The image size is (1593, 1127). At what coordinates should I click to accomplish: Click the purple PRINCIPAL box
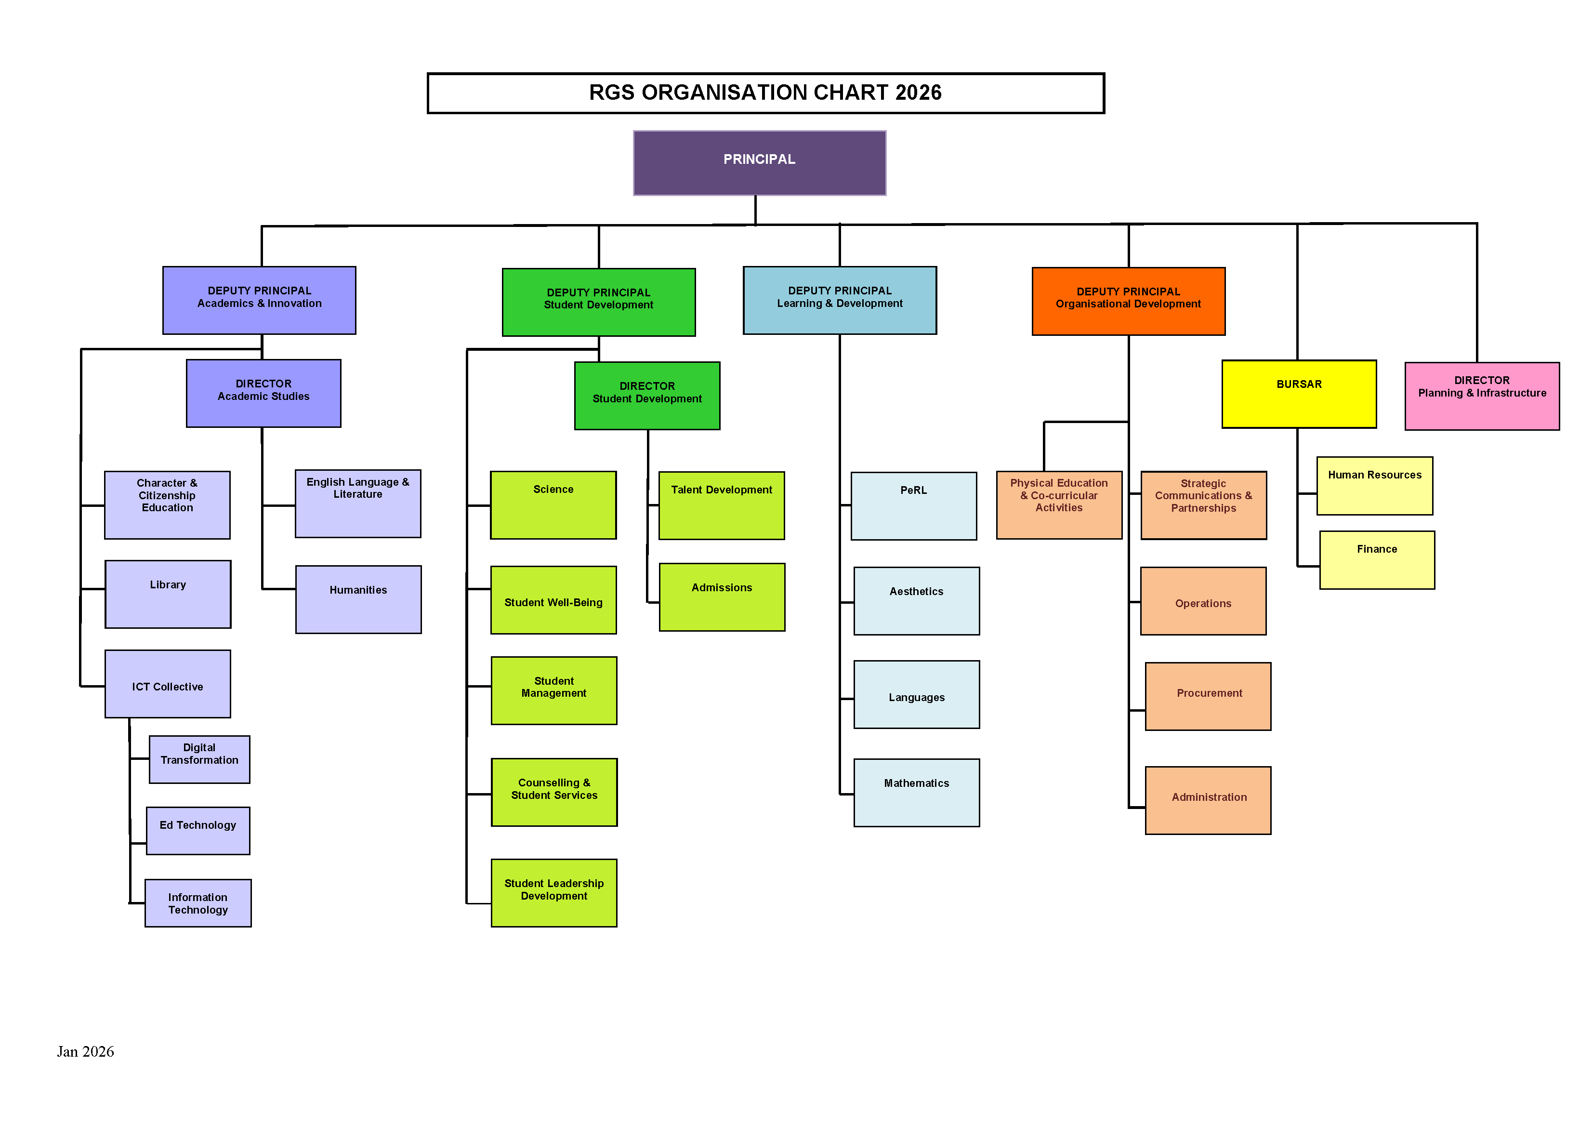pyautogui.click(x=759, y=163)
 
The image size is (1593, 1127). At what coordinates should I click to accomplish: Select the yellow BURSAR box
pyautogui.click(x=1299, y=394)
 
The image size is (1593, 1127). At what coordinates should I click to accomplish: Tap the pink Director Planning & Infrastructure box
pyautogui.click(x=1482, y=396)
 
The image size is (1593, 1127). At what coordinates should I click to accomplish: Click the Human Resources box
pyautogui.click(x=1374, y=486)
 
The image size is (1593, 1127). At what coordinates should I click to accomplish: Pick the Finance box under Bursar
pyautogui.click(x=1377, y=560)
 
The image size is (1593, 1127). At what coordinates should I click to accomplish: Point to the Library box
pyautogui.click(x=168, y=594)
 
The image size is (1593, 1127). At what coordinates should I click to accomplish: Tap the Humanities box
pyautogui.click(x=358, y=599)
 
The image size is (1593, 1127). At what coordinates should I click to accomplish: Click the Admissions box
pyautogui.click(x=722, y=597)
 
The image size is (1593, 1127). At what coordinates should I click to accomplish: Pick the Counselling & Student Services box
pyautogui.click(x=553, y=792)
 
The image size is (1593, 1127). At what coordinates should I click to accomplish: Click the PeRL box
pyautogui.click(x=914, y=506)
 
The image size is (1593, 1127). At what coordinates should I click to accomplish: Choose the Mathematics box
pyautogui.click(x=917, y=793)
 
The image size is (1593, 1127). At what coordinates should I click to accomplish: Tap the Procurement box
pyautogui.click(x=1208, y=696)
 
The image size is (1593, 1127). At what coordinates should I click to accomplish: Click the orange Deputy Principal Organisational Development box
pyautogui.click(x=1128, y=301)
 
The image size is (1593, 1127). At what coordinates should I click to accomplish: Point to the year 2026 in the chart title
pyautogui.click(x=919, y=93)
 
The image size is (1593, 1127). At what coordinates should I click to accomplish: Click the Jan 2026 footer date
pyautogui.click(x=85, y=1051)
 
